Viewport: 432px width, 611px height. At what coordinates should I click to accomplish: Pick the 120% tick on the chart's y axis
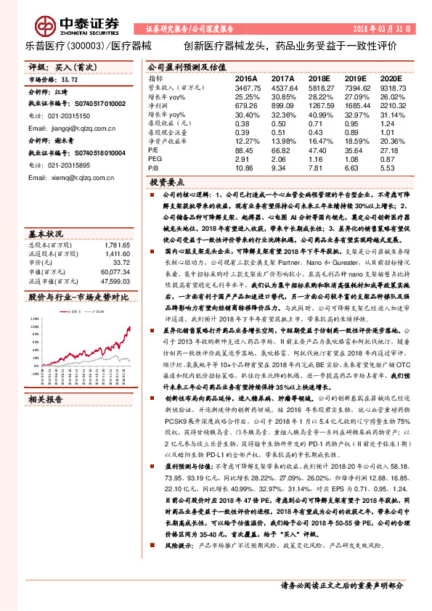(34, 298)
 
